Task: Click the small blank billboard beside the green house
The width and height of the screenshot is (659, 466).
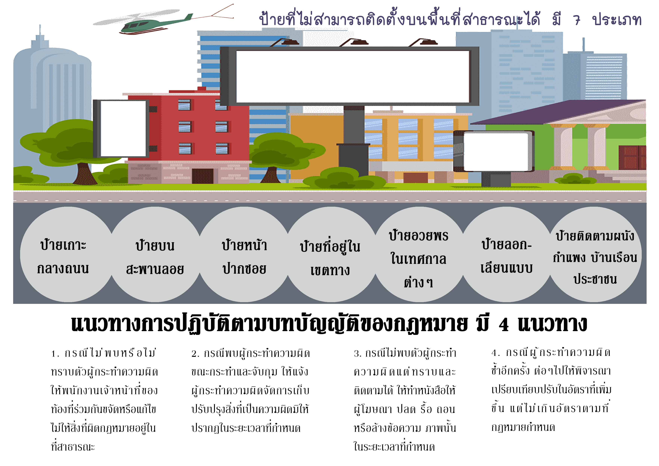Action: click(494, 151)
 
